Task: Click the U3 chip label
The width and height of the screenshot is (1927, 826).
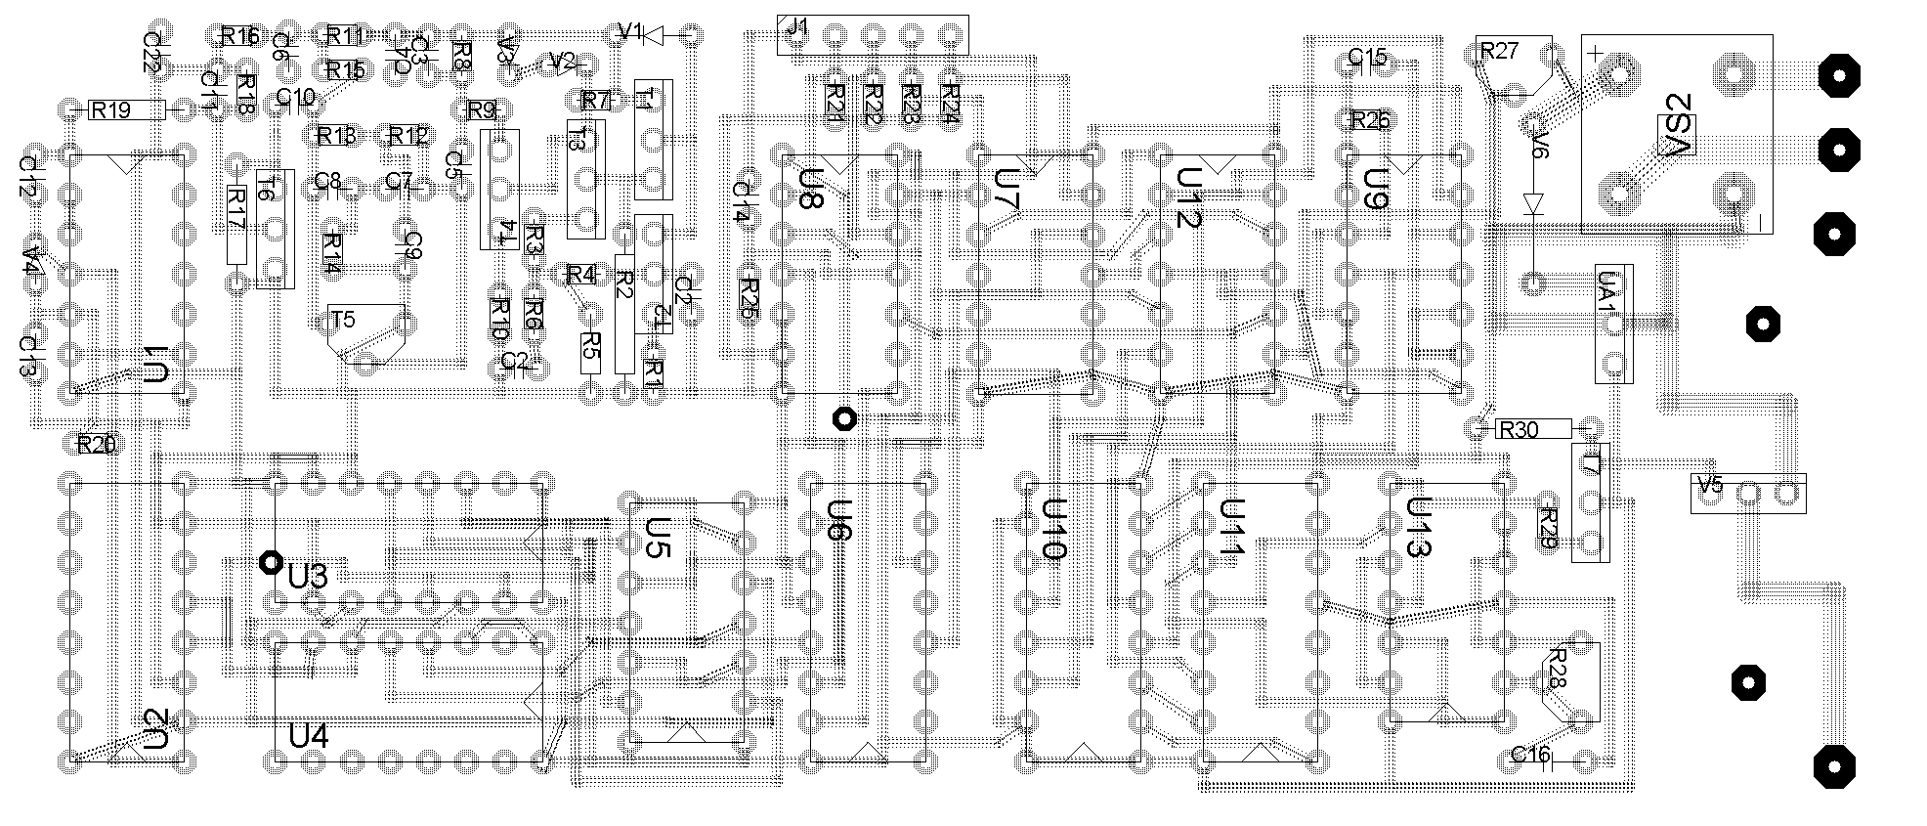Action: coord(308,577)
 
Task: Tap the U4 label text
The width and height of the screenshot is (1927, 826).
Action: coord(309,735)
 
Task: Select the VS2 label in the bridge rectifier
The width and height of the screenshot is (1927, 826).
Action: coord(1679,134)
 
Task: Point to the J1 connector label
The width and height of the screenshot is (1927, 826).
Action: coord(797,27)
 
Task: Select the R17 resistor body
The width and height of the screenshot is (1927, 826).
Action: coord(236,225)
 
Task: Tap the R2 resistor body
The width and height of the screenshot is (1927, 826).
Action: coord(625,313)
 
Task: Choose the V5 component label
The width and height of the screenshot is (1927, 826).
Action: coord(1710,485)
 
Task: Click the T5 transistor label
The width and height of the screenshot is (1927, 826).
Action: coord(343,320)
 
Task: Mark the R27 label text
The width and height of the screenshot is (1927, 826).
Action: coord(1501,51)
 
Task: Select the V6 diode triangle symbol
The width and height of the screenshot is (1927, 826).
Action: coord(1532,203)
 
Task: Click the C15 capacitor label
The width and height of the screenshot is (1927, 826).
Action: coord(1367,57)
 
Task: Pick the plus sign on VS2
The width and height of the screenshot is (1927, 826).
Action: coord(1594,54)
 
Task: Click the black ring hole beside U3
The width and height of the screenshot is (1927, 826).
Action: coord(269,563)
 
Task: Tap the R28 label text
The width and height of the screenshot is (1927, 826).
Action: coord(1556,670)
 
